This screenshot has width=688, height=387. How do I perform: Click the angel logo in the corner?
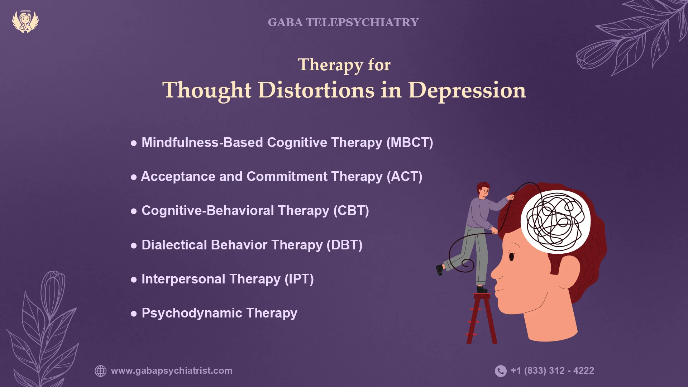[x=25, y=22]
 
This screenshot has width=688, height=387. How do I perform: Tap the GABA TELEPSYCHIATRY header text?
[x=343, y=22]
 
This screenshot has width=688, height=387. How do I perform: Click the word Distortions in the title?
[x=316, y=90]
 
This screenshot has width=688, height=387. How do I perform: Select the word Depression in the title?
[x=467, y=90]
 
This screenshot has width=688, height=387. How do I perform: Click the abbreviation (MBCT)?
[x=410, y=143]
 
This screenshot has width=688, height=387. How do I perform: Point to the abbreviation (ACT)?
[x=405, y=177]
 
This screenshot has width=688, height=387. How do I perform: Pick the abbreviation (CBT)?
[x=351, y=211]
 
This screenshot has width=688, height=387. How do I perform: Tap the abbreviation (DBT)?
[x=344, y=245]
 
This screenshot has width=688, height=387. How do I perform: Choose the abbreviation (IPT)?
[x=299, y=279]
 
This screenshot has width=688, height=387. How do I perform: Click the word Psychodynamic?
[x=192, y=313]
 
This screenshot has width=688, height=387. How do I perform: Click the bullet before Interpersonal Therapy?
[x=134, y=280]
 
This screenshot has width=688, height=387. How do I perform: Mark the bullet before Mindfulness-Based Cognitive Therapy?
[x=134, y=143]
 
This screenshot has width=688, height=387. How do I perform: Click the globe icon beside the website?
[x=101, y=371]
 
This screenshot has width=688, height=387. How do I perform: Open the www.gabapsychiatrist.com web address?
[x=172, y=371]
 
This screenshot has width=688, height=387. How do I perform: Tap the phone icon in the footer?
[x=501, y=371]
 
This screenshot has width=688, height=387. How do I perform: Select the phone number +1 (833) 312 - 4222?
[x=552, y=371]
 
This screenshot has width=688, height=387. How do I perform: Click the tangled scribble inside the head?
[x=555, y=221]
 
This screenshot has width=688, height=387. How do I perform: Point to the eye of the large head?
[x=511, y=257]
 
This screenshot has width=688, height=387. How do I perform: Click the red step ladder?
[x=482, y=319]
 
